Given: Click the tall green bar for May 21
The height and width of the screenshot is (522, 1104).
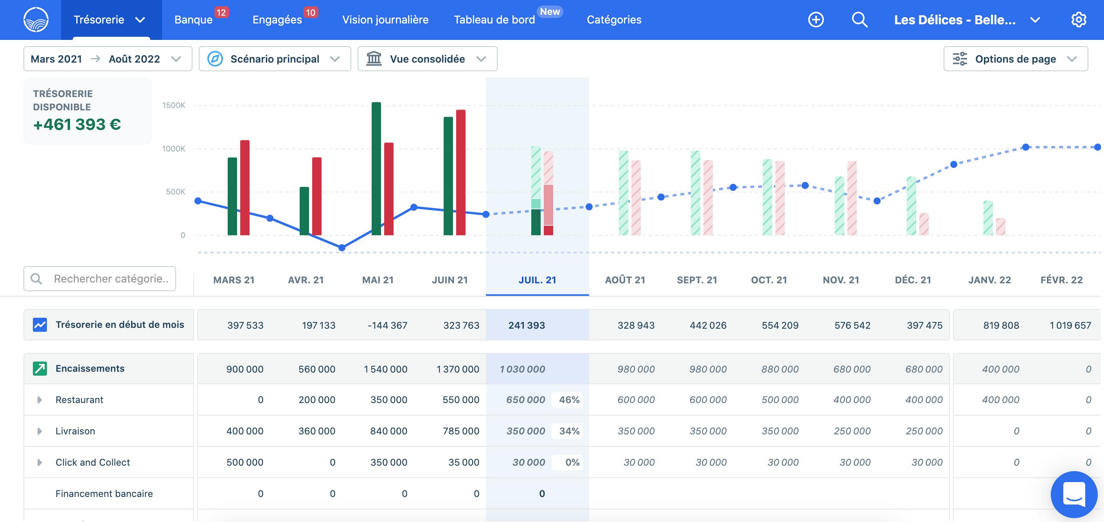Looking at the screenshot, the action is [x=376, y=168].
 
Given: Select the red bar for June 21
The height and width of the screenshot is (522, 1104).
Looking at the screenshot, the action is [x=461, y=172].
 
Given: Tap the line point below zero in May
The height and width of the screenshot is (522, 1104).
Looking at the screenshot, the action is [x=342, y=248].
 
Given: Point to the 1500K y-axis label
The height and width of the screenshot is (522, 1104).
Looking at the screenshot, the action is [x=174, y=105].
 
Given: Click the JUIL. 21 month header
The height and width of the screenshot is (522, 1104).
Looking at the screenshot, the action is [x=538, y=280].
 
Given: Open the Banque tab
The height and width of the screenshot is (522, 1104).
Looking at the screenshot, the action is [x=193, y=20].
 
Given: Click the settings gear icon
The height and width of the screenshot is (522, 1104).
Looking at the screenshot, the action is [x=1078, y=20].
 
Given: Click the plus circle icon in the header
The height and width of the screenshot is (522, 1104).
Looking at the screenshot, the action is [x=816, y=20].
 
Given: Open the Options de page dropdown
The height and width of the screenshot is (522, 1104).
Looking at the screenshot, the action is [x=1015, y=59].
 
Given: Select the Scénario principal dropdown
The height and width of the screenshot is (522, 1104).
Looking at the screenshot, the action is [x=275, y=59].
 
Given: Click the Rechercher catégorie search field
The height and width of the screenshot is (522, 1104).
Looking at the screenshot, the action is [x=100, y=279].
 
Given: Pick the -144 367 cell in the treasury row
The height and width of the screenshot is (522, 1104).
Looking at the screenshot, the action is [x=387, y=325].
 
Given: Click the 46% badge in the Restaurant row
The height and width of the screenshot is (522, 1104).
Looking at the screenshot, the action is [x=569, y=400].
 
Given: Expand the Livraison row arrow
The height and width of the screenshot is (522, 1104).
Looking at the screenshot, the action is [x=40, y=431].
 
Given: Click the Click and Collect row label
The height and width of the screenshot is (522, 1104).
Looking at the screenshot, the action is [x=93, y=463].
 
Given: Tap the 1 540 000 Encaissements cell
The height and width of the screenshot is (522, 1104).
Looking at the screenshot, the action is [x=386, y=369].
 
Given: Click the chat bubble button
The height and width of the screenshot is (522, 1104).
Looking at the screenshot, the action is [x=1074, y=494].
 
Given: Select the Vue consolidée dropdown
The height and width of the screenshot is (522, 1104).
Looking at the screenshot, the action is [x=427, y=59].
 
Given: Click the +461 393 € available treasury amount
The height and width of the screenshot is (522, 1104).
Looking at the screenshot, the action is [x=77, y=124].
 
